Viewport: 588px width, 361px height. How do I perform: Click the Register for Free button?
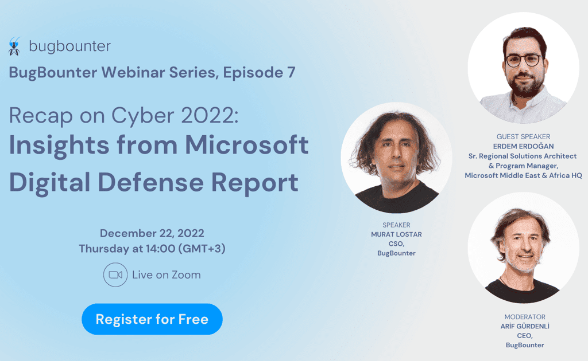click(x=152, y=319)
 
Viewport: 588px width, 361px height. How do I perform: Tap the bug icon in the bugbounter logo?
click(x=14, y=46)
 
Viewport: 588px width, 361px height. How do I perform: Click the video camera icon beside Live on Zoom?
click(x=115, y=274)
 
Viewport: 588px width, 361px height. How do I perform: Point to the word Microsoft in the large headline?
click(x=247, y=145)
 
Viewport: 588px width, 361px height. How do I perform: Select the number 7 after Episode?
click(x=291, y=72)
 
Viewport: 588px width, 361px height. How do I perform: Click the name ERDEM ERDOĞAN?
click(x=523, y=146)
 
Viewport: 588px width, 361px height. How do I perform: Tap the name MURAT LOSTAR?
click(x=396, y=234)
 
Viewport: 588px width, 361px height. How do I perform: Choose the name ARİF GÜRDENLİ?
click(x=525, y=326)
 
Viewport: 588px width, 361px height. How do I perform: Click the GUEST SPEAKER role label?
click(x=523, y=137)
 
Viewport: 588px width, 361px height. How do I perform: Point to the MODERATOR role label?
click(x=525, y=317)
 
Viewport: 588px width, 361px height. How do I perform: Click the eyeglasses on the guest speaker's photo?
click(x=524, y=60)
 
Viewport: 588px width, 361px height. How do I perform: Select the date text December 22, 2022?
click(x=152, y=233)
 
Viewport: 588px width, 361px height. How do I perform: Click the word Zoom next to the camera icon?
click(x=187, y=275)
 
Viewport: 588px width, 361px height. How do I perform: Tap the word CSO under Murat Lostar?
click(x=396, y=244)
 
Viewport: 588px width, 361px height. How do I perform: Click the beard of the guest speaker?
click(x=525, y=86)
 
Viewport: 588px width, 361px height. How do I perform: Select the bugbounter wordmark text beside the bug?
click(x=69, y=46)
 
